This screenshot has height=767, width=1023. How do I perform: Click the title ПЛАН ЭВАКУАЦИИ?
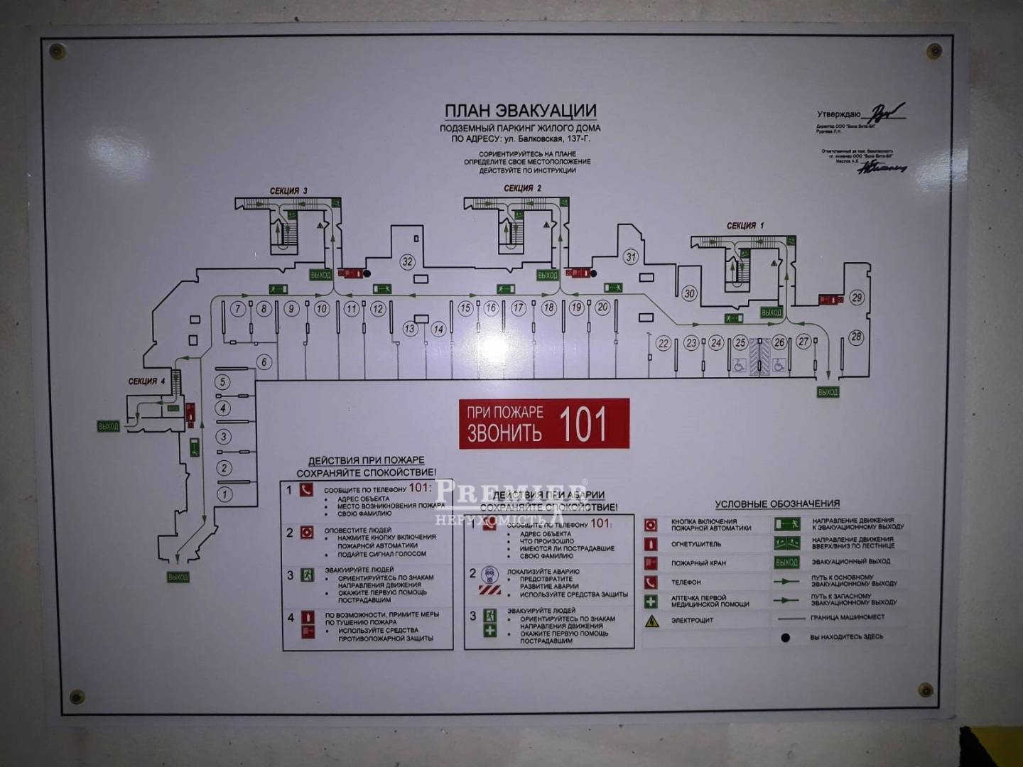[x=520, y=111]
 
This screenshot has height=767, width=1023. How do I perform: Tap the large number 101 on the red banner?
[x=583, y=424]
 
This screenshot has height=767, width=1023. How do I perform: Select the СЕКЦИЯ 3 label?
[x=288, y=191]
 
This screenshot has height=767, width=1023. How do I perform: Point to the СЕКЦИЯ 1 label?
[x=745, y=226]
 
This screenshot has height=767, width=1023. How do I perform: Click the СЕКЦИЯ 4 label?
[x=146, y=381]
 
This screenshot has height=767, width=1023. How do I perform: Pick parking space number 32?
[x=407, y=261]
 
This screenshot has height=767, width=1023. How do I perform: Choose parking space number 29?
[x=857, y=298]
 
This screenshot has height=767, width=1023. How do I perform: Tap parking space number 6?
[x=264, y=362]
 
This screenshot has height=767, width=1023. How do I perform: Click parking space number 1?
[x=224, y=494]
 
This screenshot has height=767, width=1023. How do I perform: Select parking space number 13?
[x=410, y=329]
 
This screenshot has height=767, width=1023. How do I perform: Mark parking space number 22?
[x=664, y=344]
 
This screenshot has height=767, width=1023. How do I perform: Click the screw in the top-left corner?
[x=56, y=50]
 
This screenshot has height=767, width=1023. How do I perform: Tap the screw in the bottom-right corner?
[x=926, y=690]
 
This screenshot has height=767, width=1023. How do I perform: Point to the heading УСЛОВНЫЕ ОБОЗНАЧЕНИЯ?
[x=777, y=504]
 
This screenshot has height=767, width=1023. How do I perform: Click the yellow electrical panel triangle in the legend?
[x=651, y=621]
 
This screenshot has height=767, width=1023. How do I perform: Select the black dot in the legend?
[x=785, y=638]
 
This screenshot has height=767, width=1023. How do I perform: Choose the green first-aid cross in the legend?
[x=651, y=602]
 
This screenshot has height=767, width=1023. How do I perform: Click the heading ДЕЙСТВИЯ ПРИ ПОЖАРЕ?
[x=366, y=460]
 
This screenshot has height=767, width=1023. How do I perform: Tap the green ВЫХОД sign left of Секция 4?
[x=109, y=426]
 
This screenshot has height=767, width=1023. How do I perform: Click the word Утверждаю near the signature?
[x=838, y=114]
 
